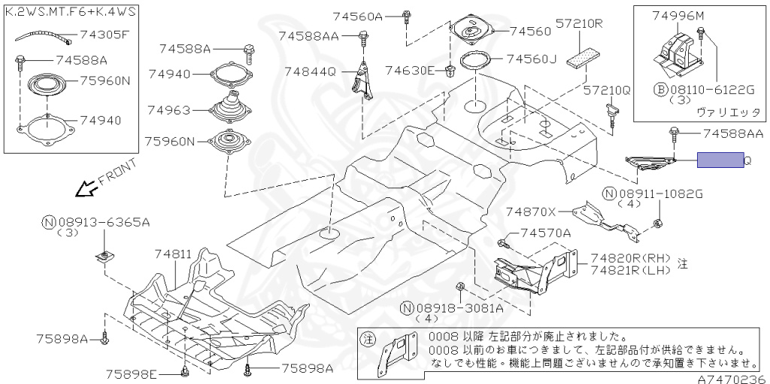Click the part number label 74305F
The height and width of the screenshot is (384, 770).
click(x=104, y=34)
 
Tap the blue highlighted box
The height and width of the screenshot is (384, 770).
click(x=720, y=160)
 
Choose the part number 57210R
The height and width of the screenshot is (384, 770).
click(x=580, y=23)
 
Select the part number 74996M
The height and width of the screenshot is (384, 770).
click(x=678, y=16)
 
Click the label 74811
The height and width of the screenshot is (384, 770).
click(x=173, y=254)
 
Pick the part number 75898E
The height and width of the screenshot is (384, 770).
click(x=131, y=373)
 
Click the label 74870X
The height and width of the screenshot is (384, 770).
click(x=530, y=212)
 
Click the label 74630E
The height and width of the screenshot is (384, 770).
click(x=410, y=71)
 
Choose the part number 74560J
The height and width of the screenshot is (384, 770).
click(x=531, y=58)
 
